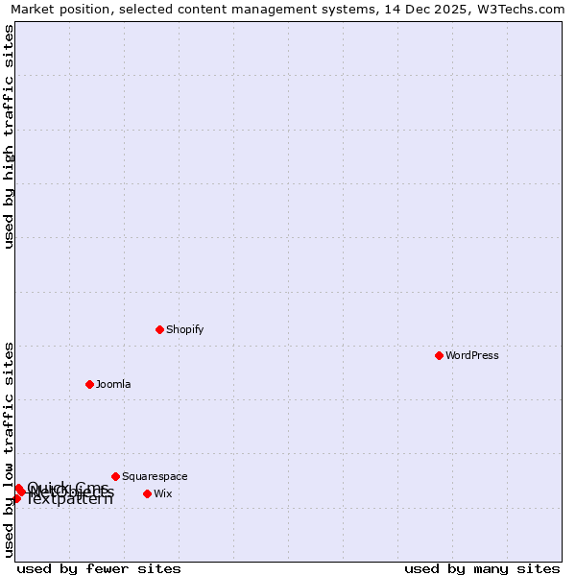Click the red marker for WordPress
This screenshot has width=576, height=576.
[x=439, y=355]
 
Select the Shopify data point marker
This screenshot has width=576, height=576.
[x=159, y=329]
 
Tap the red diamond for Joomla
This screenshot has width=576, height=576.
[x=89, y=384]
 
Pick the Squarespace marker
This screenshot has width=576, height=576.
[x=115, y=476]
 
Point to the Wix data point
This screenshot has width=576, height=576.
[x=147, y=493]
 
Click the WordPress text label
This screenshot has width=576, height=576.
[x=472, y=355]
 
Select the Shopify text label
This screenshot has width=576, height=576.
[x=185, y=329]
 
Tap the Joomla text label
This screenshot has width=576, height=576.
[x=113, y=384]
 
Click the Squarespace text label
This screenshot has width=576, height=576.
[x=155, y=476]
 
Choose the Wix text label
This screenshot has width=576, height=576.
[x=163, y=493]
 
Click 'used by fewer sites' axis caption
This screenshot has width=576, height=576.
[x=99, y=568]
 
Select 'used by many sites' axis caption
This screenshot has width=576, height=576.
[x=482, y=568]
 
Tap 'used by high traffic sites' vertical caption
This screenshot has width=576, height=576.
[x=9, y=136]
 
